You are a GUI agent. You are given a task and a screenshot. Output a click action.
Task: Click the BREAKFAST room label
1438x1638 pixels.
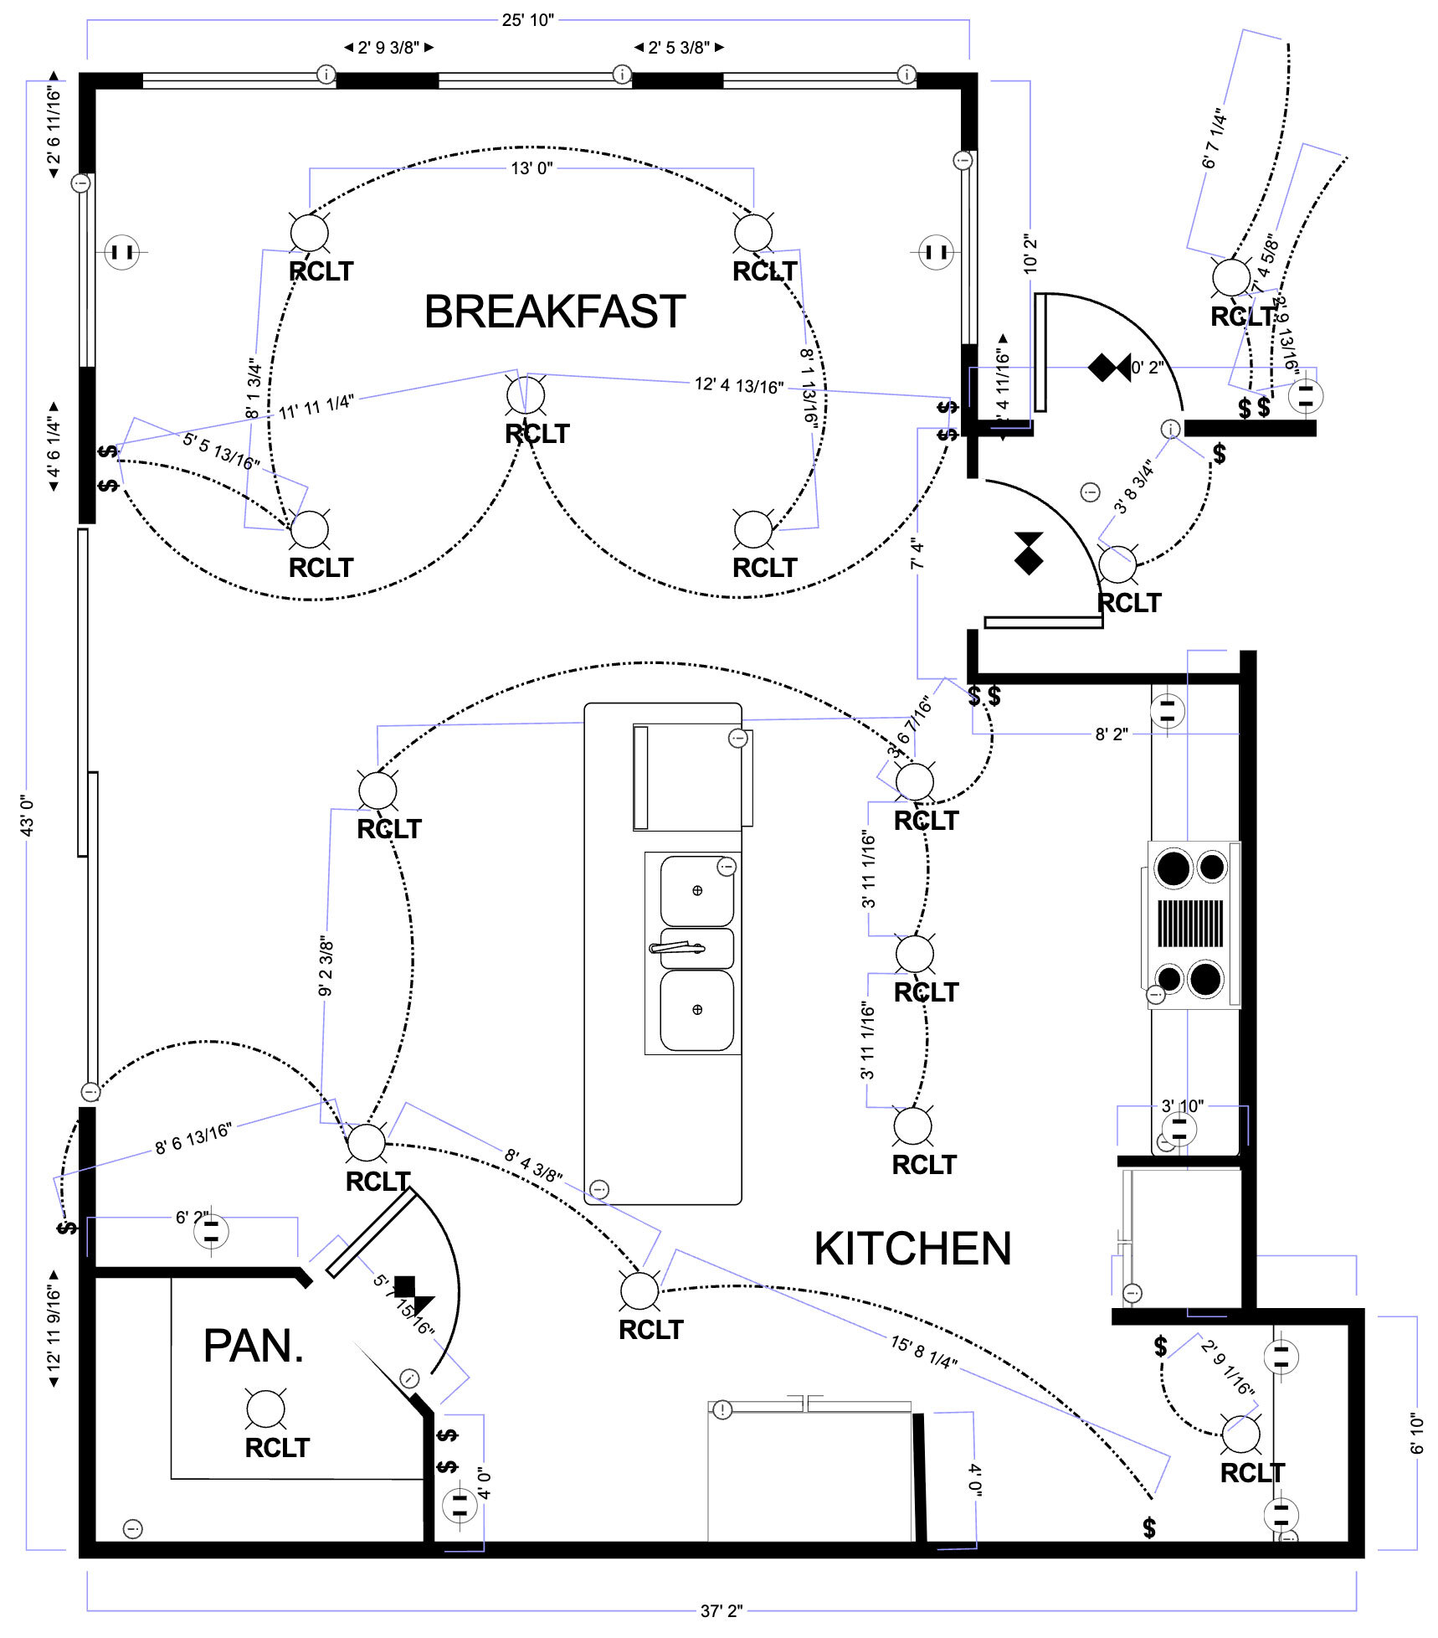554,312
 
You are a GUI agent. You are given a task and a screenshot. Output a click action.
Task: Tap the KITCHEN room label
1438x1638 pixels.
912,1249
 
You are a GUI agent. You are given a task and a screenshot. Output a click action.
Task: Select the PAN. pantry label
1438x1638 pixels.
253,1346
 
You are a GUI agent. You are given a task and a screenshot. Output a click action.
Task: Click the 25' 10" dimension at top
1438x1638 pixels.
527,20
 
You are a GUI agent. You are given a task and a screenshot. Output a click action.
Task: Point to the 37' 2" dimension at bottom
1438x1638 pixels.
721,1610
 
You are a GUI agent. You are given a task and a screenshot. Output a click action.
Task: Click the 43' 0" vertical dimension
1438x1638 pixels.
27,815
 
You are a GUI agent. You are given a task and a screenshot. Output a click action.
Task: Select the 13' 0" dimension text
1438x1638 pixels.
532,168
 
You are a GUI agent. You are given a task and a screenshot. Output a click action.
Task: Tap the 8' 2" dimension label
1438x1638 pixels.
1111,734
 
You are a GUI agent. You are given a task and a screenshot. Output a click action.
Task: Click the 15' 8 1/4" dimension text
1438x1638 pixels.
923,1352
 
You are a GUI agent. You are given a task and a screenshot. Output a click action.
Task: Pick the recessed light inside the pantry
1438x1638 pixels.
265,1409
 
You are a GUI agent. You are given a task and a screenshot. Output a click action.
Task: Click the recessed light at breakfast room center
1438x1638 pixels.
526,394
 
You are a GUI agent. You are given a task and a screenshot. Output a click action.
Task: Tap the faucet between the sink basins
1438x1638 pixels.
678,947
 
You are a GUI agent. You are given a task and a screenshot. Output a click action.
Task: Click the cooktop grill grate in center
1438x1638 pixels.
1190,923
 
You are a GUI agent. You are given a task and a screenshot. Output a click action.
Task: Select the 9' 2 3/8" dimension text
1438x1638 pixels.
326,967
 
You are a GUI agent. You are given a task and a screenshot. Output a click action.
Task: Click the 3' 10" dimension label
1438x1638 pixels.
1182,1106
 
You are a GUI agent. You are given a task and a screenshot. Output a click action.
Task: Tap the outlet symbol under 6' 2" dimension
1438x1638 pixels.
211,1231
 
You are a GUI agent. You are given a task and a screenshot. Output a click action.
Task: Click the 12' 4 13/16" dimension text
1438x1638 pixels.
738,385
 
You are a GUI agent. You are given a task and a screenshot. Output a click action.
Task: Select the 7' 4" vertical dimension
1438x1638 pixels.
917,554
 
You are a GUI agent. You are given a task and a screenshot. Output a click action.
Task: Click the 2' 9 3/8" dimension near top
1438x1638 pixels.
388,48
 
